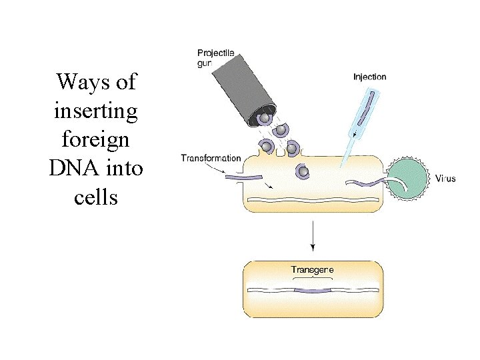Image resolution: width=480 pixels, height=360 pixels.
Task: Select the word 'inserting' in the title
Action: tap(95, 111)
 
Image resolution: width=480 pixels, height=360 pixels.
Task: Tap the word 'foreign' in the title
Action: tap(95, 140)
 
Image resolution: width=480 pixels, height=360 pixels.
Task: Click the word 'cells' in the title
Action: tap(95, 197)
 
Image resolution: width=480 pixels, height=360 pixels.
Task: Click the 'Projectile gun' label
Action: tap(216, 58)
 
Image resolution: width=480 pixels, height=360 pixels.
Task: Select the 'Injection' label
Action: tap(369, 77)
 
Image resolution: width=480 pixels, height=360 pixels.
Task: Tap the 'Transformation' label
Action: tap(211, 158)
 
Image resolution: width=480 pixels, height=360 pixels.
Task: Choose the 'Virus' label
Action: tap(445, 178)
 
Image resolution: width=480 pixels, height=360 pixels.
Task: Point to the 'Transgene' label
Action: tap(312, 269)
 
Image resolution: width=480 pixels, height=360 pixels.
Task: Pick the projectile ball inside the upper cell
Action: tap(303, 172)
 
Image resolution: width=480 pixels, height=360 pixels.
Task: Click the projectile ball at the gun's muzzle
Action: tap(265, 118)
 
